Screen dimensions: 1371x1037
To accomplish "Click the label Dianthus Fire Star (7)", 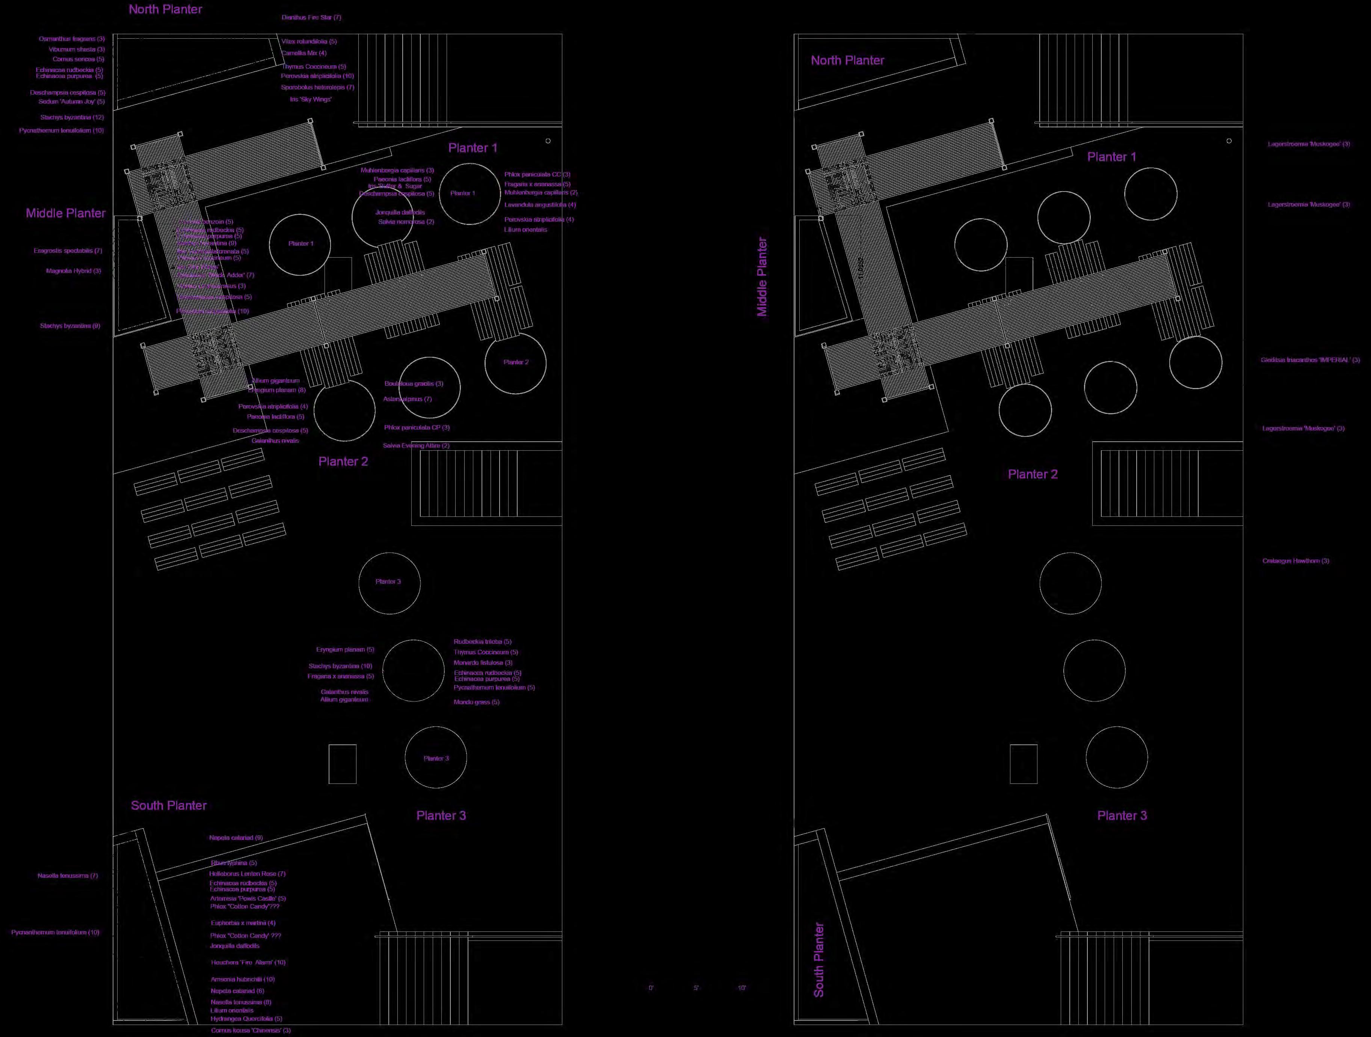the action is click(x=311, y=17).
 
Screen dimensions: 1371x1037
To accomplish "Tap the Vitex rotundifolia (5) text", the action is click(x=309, y=42).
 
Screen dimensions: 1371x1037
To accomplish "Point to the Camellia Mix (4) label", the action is click(x=304, y=53).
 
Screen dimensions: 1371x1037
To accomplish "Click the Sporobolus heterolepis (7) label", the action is click(x=317, y=88).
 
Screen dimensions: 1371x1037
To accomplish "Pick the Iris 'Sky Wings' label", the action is click(x=311, y=99).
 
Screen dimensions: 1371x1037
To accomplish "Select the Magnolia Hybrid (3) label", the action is click(x=73, y=271).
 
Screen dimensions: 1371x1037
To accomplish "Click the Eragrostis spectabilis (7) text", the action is click(x=68, y=251).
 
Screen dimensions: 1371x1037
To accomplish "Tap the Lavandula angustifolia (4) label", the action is click(x=540, y=205).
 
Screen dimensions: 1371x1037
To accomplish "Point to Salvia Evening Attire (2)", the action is click(x=416, y=446).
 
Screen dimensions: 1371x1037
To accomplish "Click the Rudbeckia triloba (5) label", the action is click(x=482, y=642).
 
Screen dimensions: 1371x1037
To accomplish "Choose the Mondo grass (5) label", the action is click(x=476, y=702).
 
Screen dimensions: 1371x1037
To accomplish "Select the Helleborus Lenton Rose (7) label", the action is click(x=247, y=873).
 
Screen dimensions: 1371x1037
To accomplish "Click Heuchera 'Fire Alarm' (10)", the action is click(x=248, y=963).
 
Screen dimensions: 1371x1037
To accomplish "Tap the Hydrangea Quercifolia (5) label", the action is click(x=246, y=1018).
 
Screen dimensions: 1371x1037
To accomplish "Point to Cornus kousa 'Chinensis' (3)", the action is click(x=251, y=1030).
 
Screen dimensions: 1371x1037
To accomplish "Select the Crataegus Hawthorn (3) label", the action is click(x=1296, y=561).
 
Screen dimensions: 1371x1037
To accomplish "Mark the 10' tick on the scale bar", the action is click(x=742, y=988).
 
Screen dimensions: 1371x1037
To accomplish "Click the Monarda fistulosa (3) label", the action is click(x=483, y=663).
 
